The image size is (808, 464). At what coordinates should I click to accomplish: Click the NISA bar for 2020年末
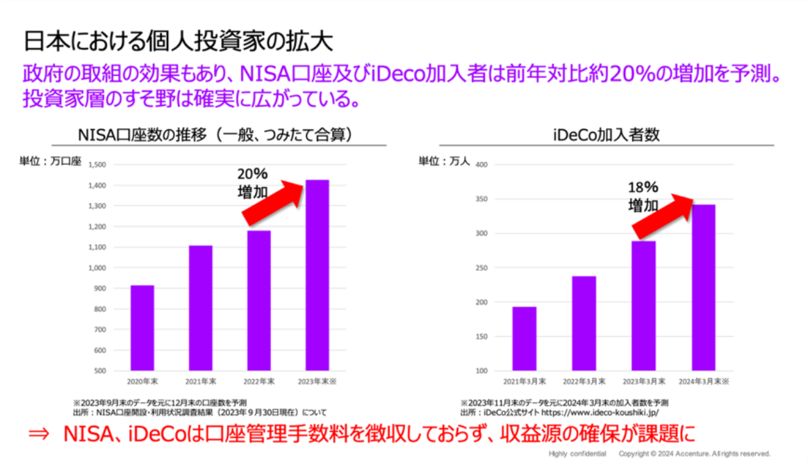coord(142,328)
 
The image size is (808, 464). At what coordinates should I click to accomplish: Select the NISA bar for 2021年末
coord(201,308)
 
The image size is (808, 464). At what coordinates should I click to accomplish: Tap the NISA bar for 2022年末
coord(259,301)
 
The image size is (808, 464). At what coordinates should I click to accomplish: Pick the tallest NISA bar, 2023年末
coord(318,275)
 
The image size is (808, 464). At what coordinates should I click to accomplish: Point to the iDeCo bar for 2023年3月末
coord(644,305)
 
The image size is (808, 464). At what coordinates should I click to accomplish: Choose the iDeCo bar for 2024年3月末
coord(704,287)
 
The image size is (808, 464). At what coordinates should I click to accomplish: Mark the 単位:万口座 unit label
coord(50,161)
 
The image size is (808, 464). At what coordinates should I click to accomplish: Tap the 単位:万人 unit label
coord(444,161)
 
